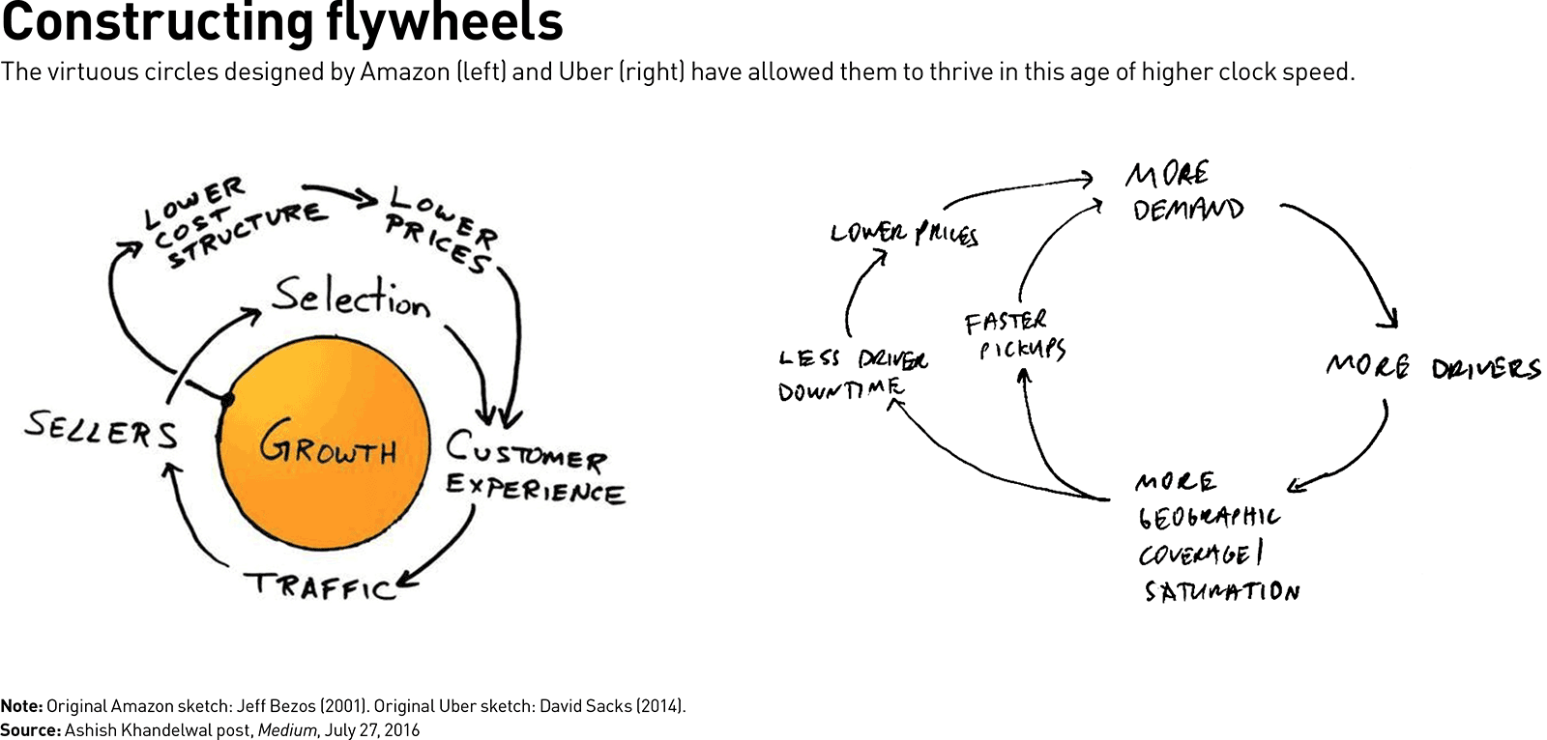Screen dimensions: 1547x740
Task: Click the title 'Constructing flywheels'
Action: (x=282, y=22)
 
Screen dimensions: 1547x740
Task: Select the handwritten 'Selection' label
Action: (x=350, y=299)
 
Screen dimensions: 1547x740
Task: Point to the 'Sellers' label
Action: (x=102, y=429)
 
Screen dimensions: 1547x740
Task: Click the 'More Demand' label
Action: (x=1185, y=190)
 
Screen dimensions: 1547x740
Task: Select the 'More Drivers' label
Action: (x=1433, y=367)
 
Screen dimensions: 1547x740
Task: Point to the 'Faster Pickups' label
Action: (x=1015, y=335)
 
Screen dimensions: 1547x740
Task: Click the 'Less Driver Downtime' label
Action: (x=854, y=375)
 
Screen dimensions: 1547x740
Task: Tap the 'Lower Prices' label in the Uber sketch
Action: (x=904, y=234)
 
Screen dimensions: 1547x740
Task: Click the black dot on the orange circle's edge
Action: (x=227, y=399)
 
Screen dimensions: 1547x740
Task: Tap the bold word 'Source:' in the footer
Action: (x=30, y=730)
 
